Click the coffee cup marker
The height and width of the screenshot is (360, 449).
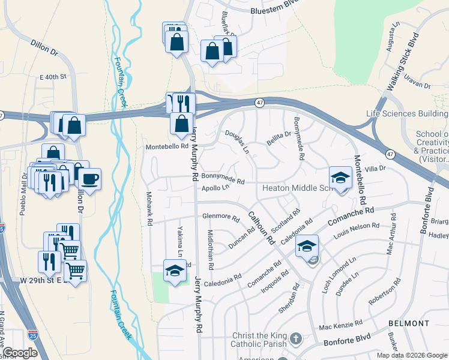90,178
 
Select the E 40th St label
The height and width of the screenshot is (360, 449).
52,77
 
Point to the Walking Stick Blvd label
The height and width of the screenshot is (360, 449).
403,69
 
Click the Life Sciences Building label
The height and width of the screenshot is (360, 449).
406,113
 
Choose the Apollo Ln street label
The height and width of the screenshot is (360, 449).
216,188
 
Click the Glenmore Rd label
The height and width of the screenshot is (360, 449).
221,218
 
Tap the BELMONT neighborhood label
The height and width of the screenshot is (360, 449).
409,323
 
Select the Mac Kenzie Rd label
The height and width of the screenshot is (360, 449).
340,327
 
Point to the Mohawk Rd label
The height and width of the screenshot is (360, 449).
149,209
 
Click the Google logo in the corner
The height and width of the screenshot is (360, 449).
20,353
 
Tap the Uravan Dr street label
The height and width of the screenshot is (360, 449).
417,83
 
